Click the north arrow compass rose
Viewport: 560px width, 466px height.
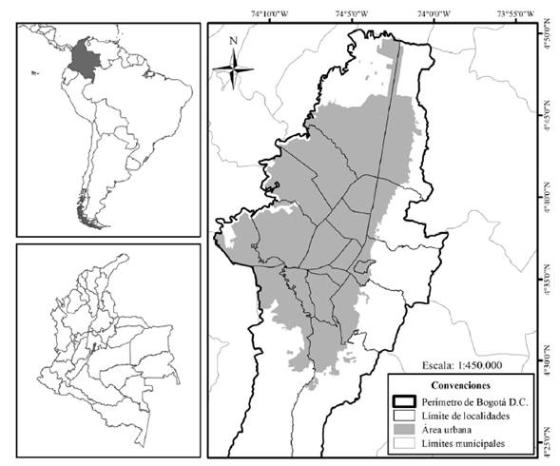[x=233, y=67]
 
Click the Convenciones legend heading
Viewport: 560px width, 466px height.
[x=460, y=386]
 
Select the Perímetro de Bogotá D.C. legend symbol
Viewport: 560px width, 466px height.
[x=405, y=401]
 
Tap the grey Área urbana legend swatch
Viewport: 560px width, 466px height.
[x=405, y=430]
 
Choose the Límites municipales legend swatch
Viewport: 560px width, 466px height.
[x=405, y=444]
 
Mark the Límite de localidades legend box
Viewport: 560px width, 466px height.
[x=405, y=416]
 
